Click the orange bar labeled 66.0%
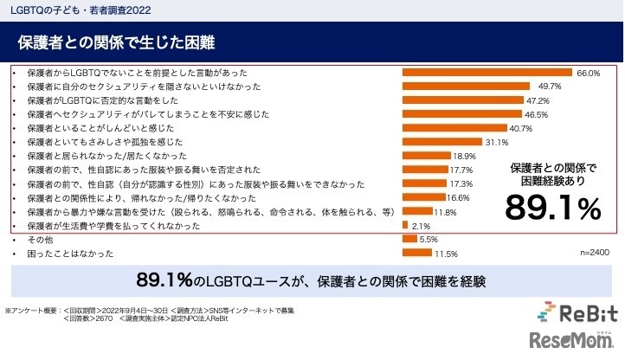click(487, 73)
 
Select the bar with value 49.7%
click(466, 87)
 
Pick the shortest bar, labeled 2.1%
click(405, 225)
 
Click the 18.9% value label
click(464, 156)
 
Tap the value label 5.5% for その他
click(428, 239)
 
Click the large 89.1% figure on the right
click(553, 208)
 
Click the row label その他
click(36, 239)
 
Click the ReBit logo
click(578, 312)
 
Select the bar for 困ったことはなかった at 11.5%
click(417, 253)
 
